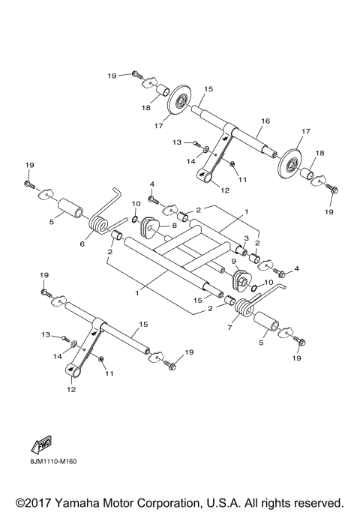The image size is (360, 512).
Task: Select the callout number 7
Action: pos(230,328)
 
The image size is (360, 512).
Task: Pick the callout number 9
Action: pos(233,262)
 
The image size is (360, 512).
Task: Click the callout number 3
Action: pos(244,238)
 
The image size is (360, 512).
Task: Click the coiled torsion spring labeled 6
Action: pos(99,223)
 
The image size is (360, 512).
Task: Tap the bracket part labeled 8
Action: pos(151,224)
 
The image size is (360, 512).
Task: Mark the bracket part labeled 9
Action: pos(241,281)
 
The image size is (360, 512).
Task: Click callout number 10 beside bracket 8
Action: pos(136,204)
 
